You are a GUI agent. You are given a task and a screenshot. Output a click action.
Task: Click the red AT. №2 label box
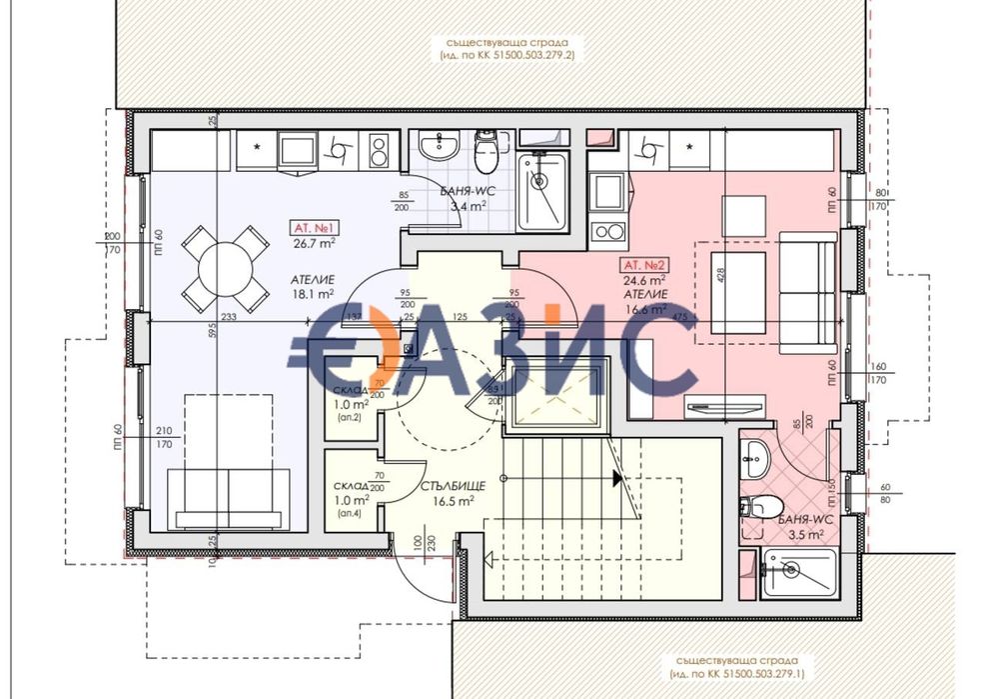pyautogui.click(x=645, y=266)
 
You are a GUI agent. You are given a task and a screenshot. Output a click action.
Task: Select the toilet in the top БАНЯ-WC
pyautogui.click(x=488, y=152)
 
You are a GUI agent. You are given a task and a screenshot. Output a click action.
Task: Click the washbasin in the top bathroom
pyautogui.click(x=438, y=147)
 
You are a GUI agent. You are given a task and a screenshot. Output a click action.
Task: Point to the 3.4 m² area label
pyautogui.click(x=468, y=207)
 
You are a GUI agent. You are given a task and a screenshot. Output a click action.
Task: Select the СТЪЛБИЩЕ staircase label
pyautogui.click(x=453, y=486)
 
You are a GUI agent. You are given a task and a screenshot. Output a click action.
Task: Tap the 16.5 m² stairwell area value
pyautogui.click(x=453, y=501)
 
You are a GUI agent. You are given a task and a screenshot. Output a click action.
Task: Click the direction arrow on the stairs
pyautogui.click(x=619, y=479)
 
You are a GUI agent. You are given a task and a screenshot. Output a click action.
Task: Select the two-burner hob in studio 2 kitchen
pyautogui.click(x=606, y=232)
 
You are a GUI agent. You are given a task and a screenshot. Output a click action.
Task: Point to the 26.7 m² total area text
pyautogui.click(x=314, y=241)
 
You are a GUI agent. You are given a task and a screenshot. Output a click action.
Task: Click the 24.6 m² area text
pyautogui.click(x=645, y=281)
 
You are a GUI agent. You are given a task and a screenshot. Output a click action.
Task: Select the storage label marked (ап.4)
pyautogui.click(x=350, y=513)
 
